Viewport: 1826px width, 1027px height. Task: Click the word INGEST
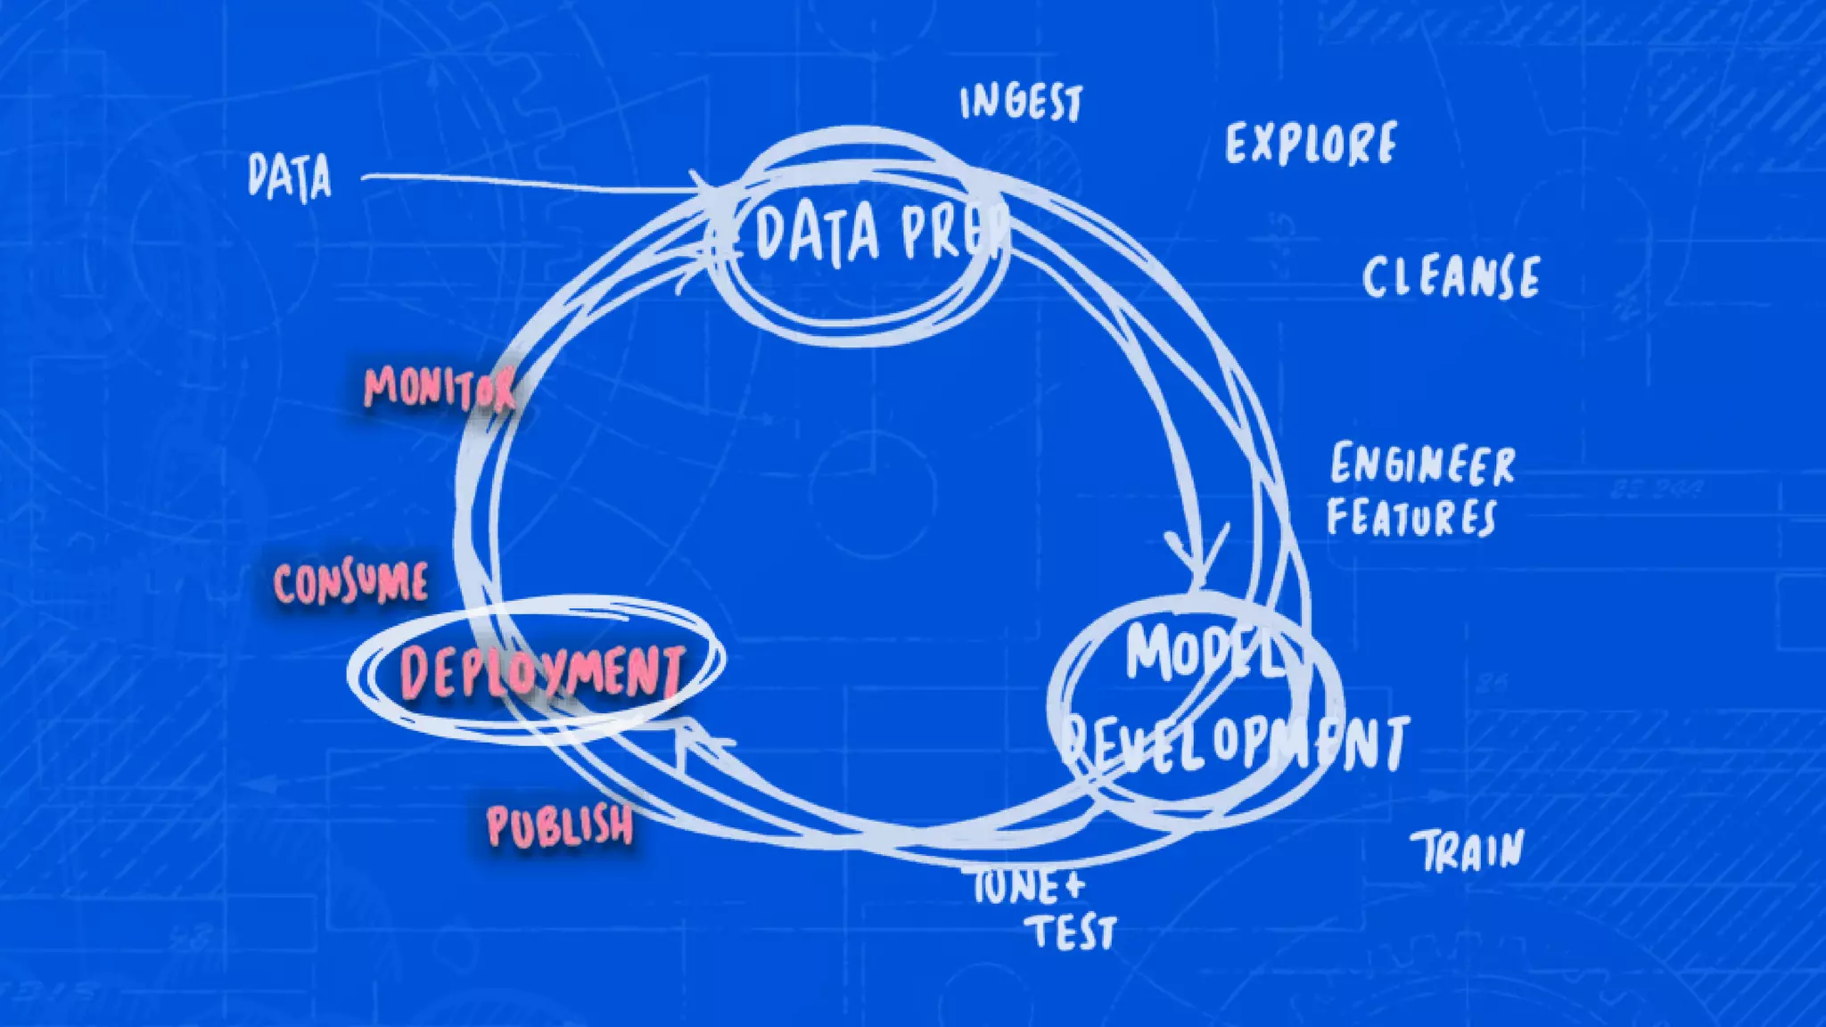click(1021, 103)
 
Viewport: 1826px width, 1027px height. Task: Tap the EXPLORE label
click(1311, 144)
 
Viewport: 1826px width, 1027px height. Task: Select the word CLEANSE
click(1451, 276)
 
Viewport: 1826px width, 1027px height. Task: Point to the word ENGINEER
click(1423, 464)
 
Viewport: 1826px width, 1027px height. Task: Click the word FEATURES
click(1411, 517)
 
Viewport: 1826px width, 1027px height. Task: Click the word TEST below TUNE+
click(1074, 933)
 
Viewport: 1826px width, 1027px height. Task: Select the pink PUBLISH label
click(561, 826)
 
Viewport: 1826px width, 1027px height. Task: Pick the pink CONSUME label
click(350, 584)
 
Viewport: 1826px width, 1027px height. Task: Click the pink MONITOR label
click(440, 389)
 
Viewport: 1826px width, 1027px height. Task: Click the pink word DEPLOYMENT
click(542, 672)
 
